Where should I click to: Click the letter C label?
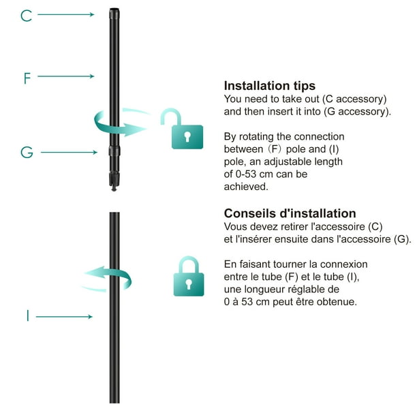27,15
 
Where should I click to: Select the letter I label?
28,316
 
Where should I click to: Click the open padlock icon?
183,129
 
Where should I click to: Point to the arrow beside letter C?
65,14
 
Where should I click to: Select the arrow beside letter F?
65,76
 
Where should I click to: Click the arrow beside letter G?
69,153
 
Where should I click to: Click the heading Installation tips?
270,87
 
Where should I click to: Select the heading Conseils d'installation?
290,214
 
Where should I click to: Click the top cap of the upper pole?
112,11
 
